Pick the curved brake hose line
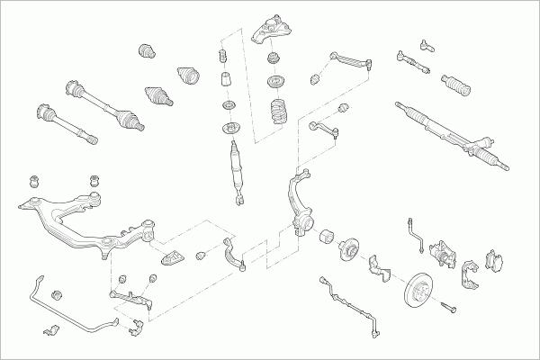click(416, 230)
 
